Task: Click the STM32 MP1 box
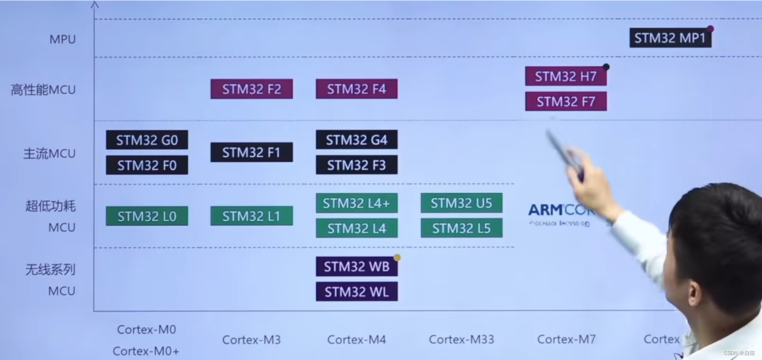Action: pyautogui.click(x=670, y=38)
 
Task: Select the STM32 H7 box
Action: pyautogui.click(x=566, y=76)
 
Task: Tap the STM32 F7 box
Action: pyautogui.click(x=566, y=101)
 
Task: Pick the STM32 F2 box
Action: pyautogui.click(x=251, y=89)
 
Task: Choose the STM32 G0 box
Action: pyautogui.click(x=147, y=140)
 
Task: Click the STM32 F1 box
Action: pyautogui.click(x=251, y=152)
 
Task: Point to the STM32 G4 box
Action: pyautogui.click(x=356, y=140)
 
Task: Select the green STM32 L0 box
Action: pyautogui.click(x=147, y=216)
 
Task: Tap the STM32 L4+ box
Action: pyautogui.click(x=356, y=203)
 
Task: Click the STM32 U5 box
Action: pyautogui.click(x=461, y=203)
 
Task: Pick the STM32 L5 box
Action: pyautogui.click(x=461, y=228)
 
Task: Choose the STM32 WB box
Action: pyautogui.click(x=356, y=266)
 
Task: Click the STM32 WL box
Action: pyautogui.click(x=356, y=291)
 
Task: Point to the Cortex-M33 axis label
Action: pyautogui.click(x=461, y=339)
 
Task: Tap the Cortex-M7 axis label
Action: pyautogui.click(x=566, y=339)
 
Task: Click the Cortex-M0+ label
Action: pyautogui.click(x=146, y=351)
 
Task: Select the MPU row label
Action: pyautogui.click(x=63, y=39)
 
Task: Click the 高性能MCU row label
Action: pyautogui.click(x=43, y=90)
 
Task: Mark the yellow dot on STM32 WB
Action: pyautogui.click(x=397, y=258)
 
